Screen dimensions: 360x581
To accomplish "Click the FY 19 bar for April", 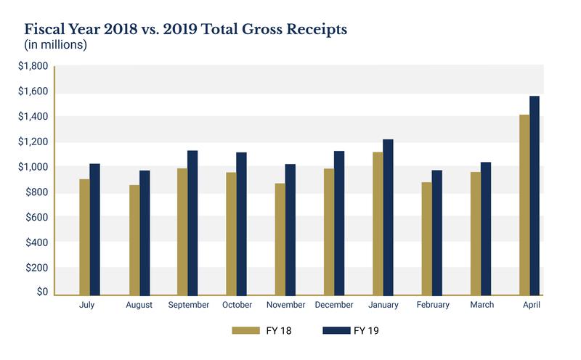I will [x=535, y=196].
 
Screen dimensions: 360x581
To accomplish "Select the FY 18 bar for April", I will [x=524, y=205].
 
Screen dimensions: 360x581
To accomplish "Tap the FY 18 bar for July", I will [x=85, y=237].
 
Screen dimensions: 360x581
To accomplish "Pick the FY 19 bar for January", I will [x=388, y=218].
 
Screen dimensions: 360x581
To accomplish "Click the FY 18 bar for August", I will [x=134, y=240].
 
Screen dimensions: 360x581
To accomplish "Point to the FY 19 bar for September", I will [x=192, y=223].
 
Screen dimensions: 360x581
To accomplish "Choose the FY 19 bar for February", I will [x=436, y=233].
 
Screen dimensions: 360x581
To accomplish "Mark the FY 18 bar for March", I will [x=476, y=234].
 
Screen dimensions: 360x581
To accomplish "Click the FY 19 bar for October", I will [x=241, y=224].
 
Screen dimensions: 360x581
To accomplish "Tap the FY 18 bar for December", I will [x=329, y=232].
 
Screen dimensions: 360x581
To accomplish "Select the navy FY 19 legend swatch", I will [x=335, y=331].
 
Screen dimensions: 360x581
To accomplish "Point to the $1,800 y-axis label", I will [x=33, y=66].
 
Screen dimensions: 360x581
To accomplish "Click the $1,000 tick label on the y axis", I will [x=33, y=167].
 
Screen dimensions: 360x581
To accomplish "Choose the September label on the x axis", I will [x=188, y=306].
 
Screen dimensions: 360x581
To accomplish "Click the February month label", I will [x=432, y=306].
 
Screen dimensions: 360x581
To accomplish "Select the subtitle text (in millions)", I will [x=56, y=46].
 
